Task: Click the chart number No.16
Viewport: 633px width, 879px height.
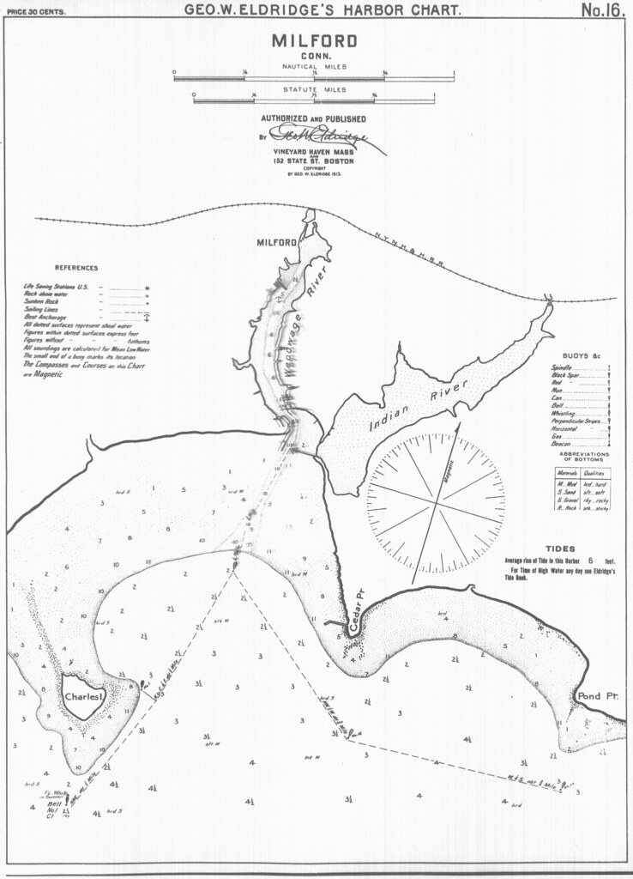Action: coord(600,11)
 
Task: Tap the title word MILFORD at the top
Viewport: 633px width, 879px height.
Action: coord(315,42)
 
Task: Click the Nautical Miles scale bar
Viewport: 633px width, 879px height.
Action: coord(314,78)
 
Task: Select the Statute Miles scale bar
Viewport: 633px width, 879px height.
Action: coord(314,101)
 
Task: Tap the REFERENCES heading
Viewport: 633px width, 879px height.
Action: coord(76,268)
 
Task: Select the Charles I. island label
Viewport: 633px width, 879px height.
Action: coord(84,698)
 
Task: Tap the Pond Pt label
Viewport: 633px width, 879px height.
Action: coord(598,695)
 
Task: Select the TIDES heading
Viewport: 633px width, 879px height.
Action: coord(560,548)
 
